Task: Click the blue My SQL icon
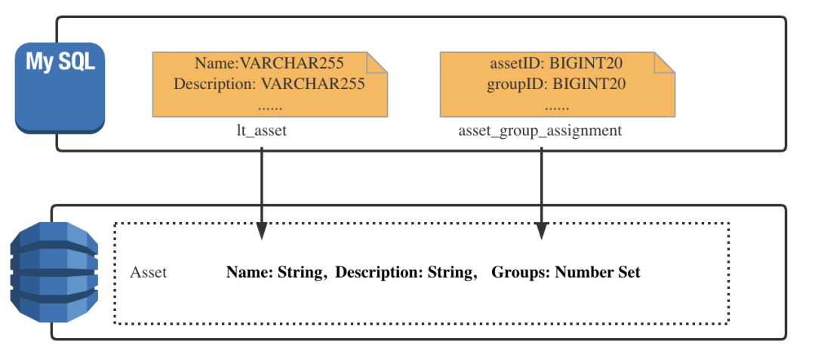60,88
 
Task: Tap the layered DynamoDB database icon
54,272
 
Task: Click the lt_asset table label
262,131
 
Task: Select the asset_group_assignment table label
540,131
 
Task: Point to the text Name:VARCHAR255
269,63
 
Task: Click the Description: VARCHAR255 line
269,84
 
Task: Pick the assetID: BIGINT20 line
556,63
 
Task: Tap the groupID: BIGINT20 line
556,84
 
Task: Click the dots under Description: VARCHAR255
269,108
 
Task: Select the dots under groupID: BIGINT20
557,108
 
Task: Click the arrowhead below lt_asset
261,231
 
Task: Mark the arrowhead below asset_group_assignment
542,231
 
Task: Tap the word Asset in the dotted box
148,272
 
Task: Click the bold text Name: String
275,272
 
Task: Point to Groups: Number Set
566,272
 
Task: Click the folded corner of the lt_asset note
377,62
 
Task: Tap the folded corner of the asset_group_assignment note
665,62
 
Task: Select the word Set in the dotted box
629,272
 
